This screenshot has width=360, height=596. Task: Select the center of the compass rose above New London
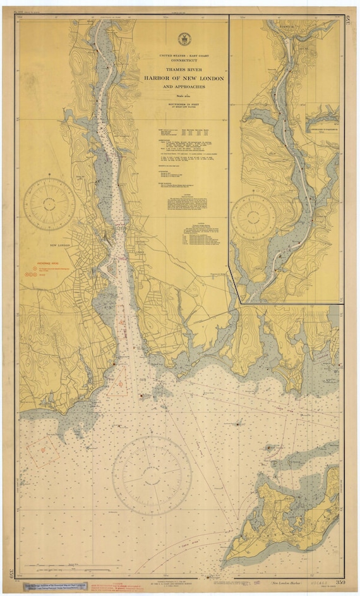click(49, 205)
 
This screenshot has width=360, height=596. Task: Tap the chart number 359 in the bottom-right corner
click(340, 580)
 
